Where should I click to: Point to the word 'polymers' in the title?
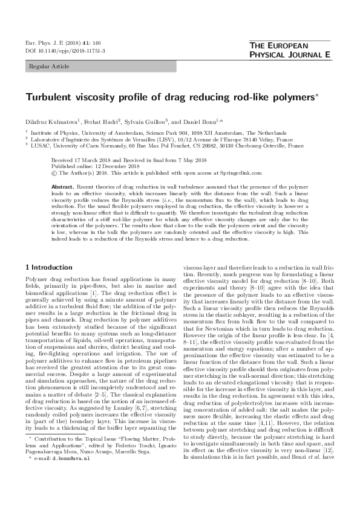287,97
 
